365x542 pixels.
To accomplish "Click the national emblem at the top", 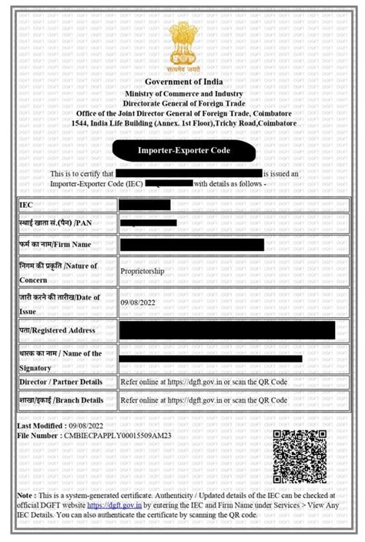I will click(182, 43).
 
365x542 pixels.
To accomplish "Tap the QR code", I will click(300, 456).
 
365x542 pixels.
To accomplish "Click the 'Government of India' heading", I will click(182, 82).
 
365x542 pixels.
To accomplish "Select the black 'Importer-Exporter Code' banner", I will click(182, 151).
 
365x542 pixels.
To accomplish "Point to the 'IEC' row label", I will click(26, 205).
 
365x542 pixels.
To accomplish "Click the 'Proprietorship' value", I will click(147, 272).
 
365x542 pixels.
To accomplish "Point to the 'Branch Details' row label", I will click(62, 400).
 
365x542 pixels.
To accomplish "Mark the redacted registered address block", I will click(227, 330).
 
